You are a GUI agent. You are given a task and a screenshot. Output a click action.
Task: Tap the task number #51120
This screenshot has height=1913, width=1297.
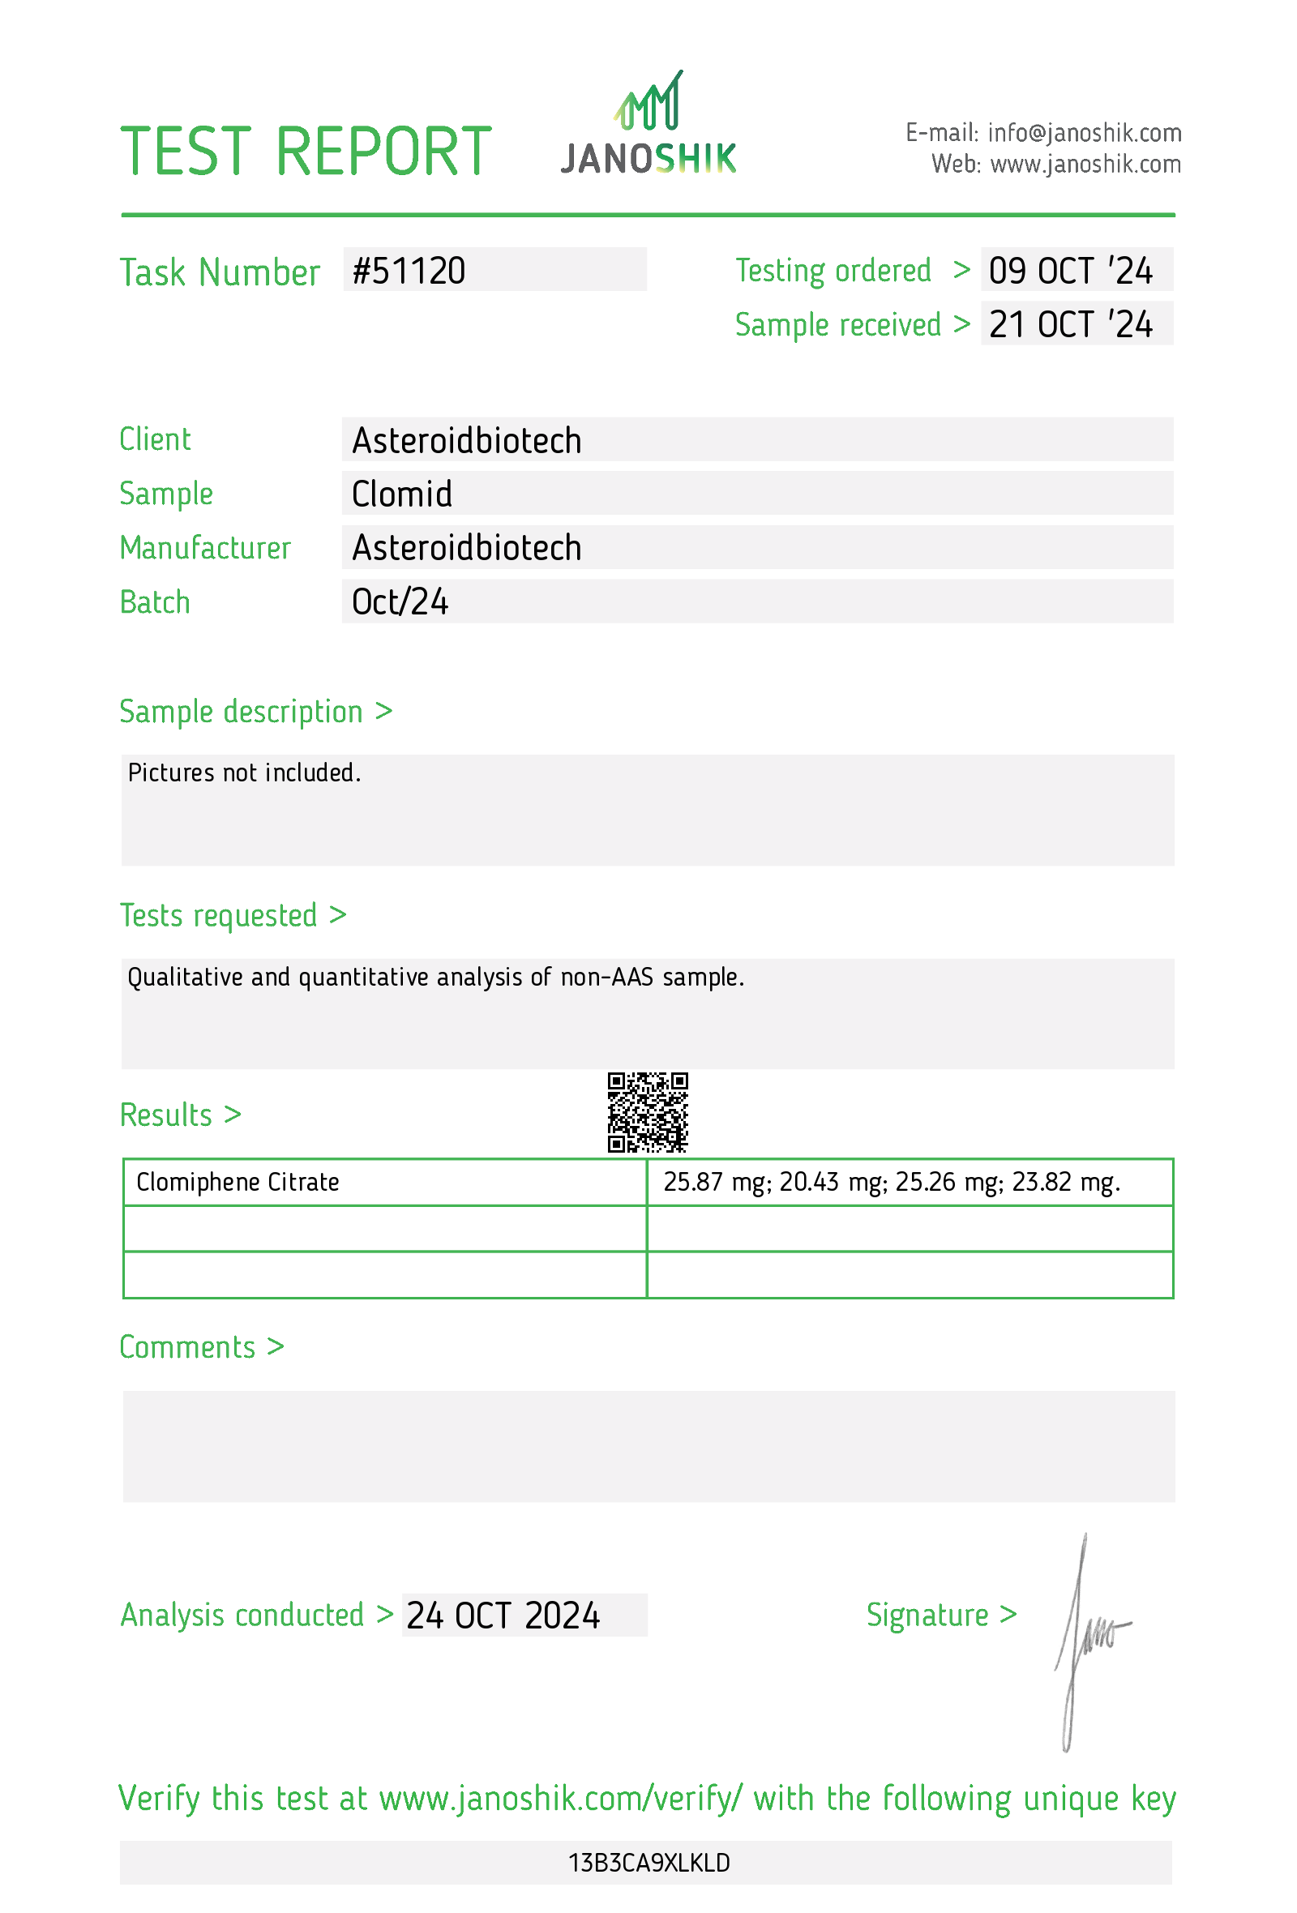(409, 271)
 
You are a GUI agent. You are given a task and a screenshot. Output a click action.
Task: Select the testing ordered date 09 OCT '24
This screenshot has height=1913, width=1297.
(1070, 271)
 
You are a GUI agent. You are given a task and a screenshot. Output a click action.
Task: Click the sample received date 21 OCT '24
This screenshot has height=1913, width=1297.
(1070, 324)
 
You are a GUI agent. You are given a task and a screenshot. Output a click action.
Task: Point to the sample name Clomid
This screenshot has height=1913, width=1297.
(401, 494)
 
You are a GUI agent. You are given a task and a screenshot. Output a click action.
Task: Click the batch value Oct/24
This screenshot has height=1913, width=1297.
(400, 601)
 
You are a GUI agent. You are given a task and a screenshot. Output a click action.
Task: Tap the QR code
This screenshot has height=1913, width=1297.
(647, 1111)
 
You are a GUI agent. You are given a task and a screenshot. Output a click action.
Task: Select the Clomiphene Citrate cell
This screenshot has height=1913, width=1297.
(238, 1182)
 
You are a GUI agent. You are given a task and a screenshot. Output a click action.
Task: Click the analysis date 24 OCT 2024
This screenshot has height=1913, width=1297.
(503, 1616)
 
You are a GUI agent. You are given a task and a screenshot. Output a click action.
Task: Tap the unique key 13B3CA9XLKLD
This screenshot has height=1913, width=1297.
(648, 1863)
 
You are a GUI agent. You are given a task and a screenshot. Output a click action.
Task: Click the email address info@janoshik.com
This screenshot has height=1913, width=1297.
(1084, 132)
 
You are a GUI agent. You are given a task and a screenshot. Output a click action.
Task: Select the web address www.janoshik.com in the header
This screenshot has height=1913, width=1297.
(1085, 165)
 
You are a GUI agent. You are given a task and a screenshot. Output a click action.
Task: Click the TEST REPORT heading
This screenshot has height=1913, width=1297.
(306, 152)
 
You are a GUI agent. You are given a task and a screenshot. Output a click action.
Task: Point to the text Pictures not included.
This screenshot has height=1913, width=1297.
(245, 773)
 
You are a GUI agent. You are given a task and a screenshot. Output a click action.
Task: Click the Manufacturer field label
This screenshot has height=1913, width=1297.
(205, 548)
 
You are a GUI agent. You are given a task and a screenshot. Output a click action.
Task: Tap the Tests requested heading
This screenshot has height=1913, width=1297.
(218, 915)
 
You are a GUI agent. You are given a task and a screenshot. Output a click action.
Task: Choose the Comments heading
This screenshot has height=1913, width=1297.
(187, 1347)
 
